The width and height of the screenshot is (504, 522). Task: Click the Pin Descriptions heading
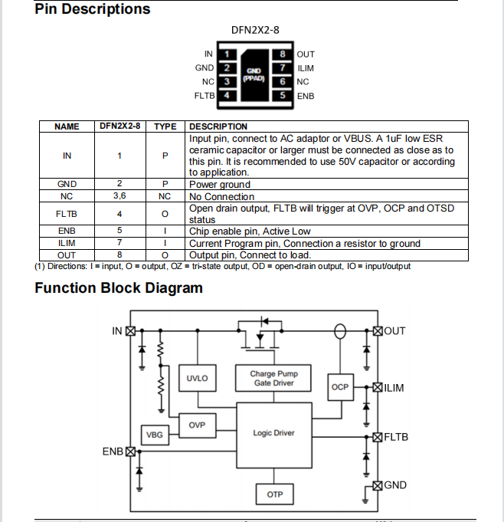click(x=93, y=9)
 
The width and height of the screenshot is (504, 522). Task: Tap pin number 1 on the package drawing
click(x=227, y=54)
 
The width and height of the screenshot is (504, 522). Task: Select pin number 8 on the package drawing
click(x=283, y=54)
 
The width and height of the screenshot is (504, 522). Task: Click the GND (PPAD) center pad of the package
click(x=254, y=74)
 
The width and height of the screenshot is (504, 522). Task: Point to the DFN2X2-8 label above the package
click(x=255, y=31)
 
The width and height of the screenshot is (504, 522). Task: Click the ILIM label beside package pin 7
click(x=306, y=68)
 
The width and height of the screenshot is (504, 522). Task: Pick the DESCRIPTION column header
click(x=218, y=126)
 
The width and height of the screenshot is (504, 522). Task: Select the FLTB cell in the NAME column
click(x=67, y=213)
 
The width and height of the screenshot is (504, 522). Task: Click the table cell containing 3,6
click(x=119, y=196)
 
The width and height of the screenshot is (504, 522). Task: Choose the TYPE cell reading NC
click(x=165, y=196)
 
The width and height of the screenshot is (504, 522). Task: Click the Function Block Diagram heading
click(x=119, y=288)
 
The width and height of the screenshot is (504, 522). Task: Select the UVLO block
click(x=197, y=379)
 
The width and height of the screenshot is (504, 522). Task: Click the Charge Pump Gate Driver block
click(x=274, y=379)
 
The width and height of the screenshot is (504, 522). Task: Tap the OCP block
click(x=339, y=387)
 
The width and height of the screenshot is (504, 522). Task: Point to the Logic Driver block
click(x=273, y=433)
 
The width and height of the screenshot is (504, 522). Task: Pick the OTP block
click(x=274, y=494)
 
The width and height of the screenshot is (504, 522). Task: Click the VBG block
click(x=155, y=435)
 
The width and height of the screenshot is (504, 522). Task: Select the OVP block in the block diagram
click(x=197, y=424)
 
